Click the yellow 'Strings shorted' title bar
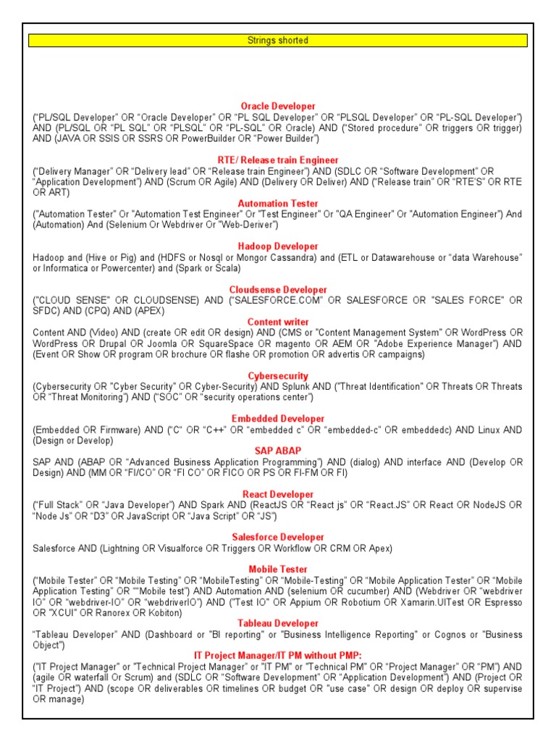278,41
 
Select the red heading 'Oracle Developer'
278,106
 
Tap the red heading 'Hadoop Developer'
278,246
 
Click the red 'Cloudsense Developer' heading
278,290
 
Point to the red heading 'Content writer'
278,322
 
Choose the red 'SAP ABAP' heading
278,451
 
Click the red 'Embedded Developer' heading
278,419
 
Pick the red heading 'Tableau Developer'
278,623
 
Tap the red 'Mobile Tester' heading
278,570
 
